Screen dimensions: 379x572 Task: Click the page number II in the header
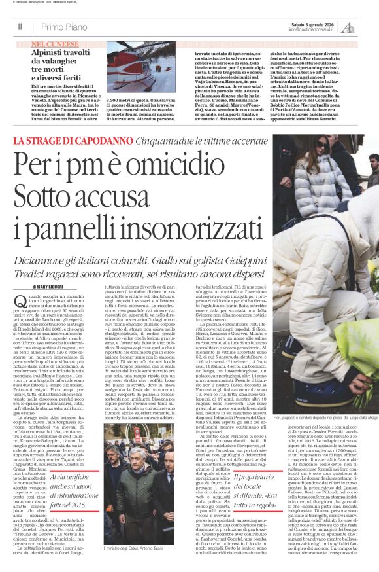[20, 26]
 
